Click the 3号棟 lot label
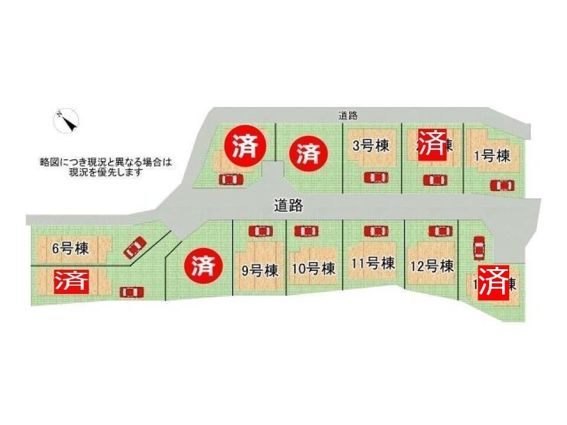369,146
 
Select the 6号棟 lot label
70,249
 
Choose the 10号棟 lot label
313,269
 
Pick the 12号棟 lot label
431,266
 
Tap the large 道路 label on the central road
288,205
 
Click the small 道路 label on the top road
348,116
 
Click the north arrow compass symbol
67,121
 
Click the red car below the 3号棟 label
375,177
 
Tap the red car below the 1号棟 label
502,185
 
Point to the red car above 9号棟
260,231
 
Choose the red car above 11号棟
375,231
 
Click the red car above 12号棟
439,231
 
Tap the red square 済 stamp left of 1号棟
432,143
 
